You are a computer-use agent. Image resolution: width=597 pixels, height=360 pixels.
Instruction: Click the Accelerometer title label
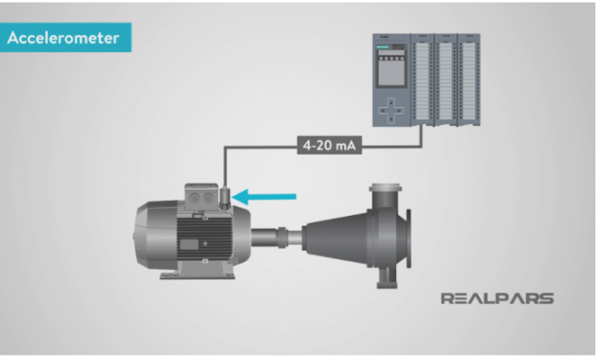point(66,37)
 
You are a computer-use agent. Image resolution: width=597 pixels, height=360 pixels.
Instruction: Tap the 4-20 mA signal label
point(330,145)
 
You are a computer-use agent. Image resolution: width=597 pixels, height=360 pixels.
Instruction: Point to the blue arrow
point(263,197)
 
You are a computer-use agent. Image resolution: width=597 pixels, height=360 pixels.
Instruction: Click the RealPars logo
point(497,299)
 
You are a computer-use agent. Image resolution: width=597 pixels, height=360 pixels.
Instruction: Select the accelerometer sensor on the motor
point(225,197)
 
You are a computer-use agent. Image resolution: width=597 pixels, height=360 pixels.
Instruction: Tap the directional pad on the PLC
point(391,111)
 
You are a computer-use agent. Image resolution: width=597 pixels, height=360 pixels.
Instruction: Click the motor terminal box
point(201,197)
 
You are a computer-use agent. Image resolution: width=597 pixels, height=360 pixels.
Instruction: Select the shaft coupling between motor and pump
point(282,237)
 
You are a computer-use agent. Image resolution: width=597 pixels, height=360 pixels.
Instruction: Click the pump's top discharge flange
point(386,187)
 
